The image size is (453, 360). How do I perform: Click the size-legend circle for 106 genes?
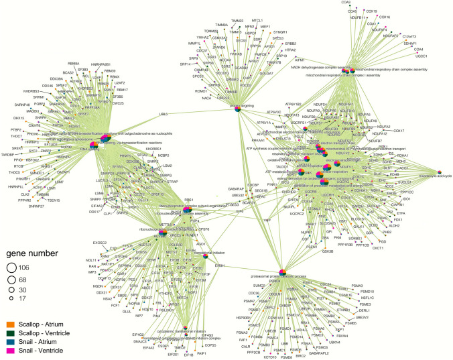[11, 268]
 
